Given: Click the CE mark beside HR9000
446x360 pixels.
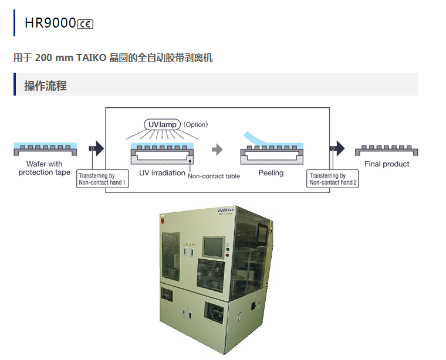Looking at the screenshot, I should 85,23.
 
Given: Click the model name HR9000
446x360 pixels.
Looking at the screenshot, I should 50,23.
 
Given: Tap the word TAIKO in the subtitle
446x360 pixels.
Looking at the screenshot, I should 92,57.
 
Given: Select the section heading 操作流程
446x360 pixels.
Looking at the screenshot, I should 45,86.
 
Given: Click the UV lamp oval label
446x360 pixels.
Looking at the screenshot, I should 162,124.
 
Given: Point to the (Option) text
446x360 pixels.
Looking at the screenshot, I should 195,124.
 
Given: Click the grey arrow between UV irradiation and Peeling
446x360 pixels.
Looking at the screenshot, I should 217,149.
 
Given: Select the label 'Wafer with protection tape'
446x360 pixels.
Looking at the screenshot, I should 44,168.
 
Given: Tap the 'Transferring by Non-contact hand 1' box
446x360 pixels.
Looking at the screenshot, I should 103,179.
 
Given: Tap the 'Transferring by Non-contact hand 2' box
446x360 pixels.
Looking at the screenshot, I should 333,179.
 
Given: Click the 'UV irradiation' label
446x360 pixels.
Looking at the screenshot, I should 162,173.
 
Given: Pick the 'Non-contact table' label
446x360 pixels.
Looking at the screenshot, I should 214,176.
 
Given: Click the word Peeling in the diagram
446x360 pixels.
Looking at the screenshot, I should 271,173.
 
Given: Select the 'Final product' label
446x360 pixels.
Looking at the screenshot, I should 387,164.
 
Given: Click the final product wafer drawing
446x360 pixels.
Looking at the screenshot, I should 387,150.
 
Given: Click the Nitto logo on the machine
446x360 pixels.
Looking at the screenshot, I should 226,209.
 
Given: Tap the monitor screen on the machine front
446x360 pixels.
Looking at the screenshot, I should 213,246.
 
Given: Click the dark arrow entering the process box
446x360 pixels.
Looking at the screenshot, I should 97,148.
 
